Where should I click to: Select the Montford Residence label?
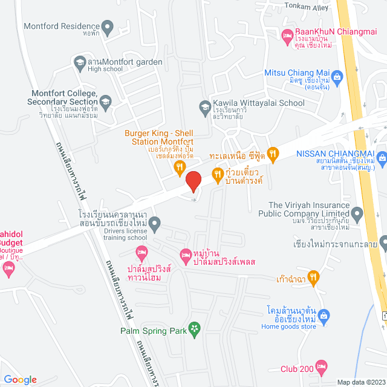point(60,27)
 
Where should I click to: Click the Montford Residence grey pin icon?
point(108,27)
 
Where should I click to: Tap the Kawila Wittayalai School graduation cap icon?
point(204,108)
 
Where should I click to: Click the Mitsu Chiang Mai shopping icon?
point(337,77)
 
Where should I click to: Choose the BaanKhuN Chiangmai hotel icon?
point(288,37)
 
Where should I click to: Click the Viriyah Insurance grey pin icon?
point(357,213)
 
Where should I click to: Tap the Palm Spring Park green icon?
point(194,330)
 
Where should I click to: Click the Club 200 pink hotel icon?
point(322,366)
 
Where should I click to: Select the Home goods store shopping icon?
point(324,315)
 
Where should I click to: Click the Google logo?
point(21,379)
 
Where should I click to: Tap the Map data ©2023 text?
point(360,382)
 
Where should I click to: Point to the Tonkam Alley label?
point(308,7)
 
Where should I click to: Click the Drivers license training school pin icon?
point(155,224)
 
